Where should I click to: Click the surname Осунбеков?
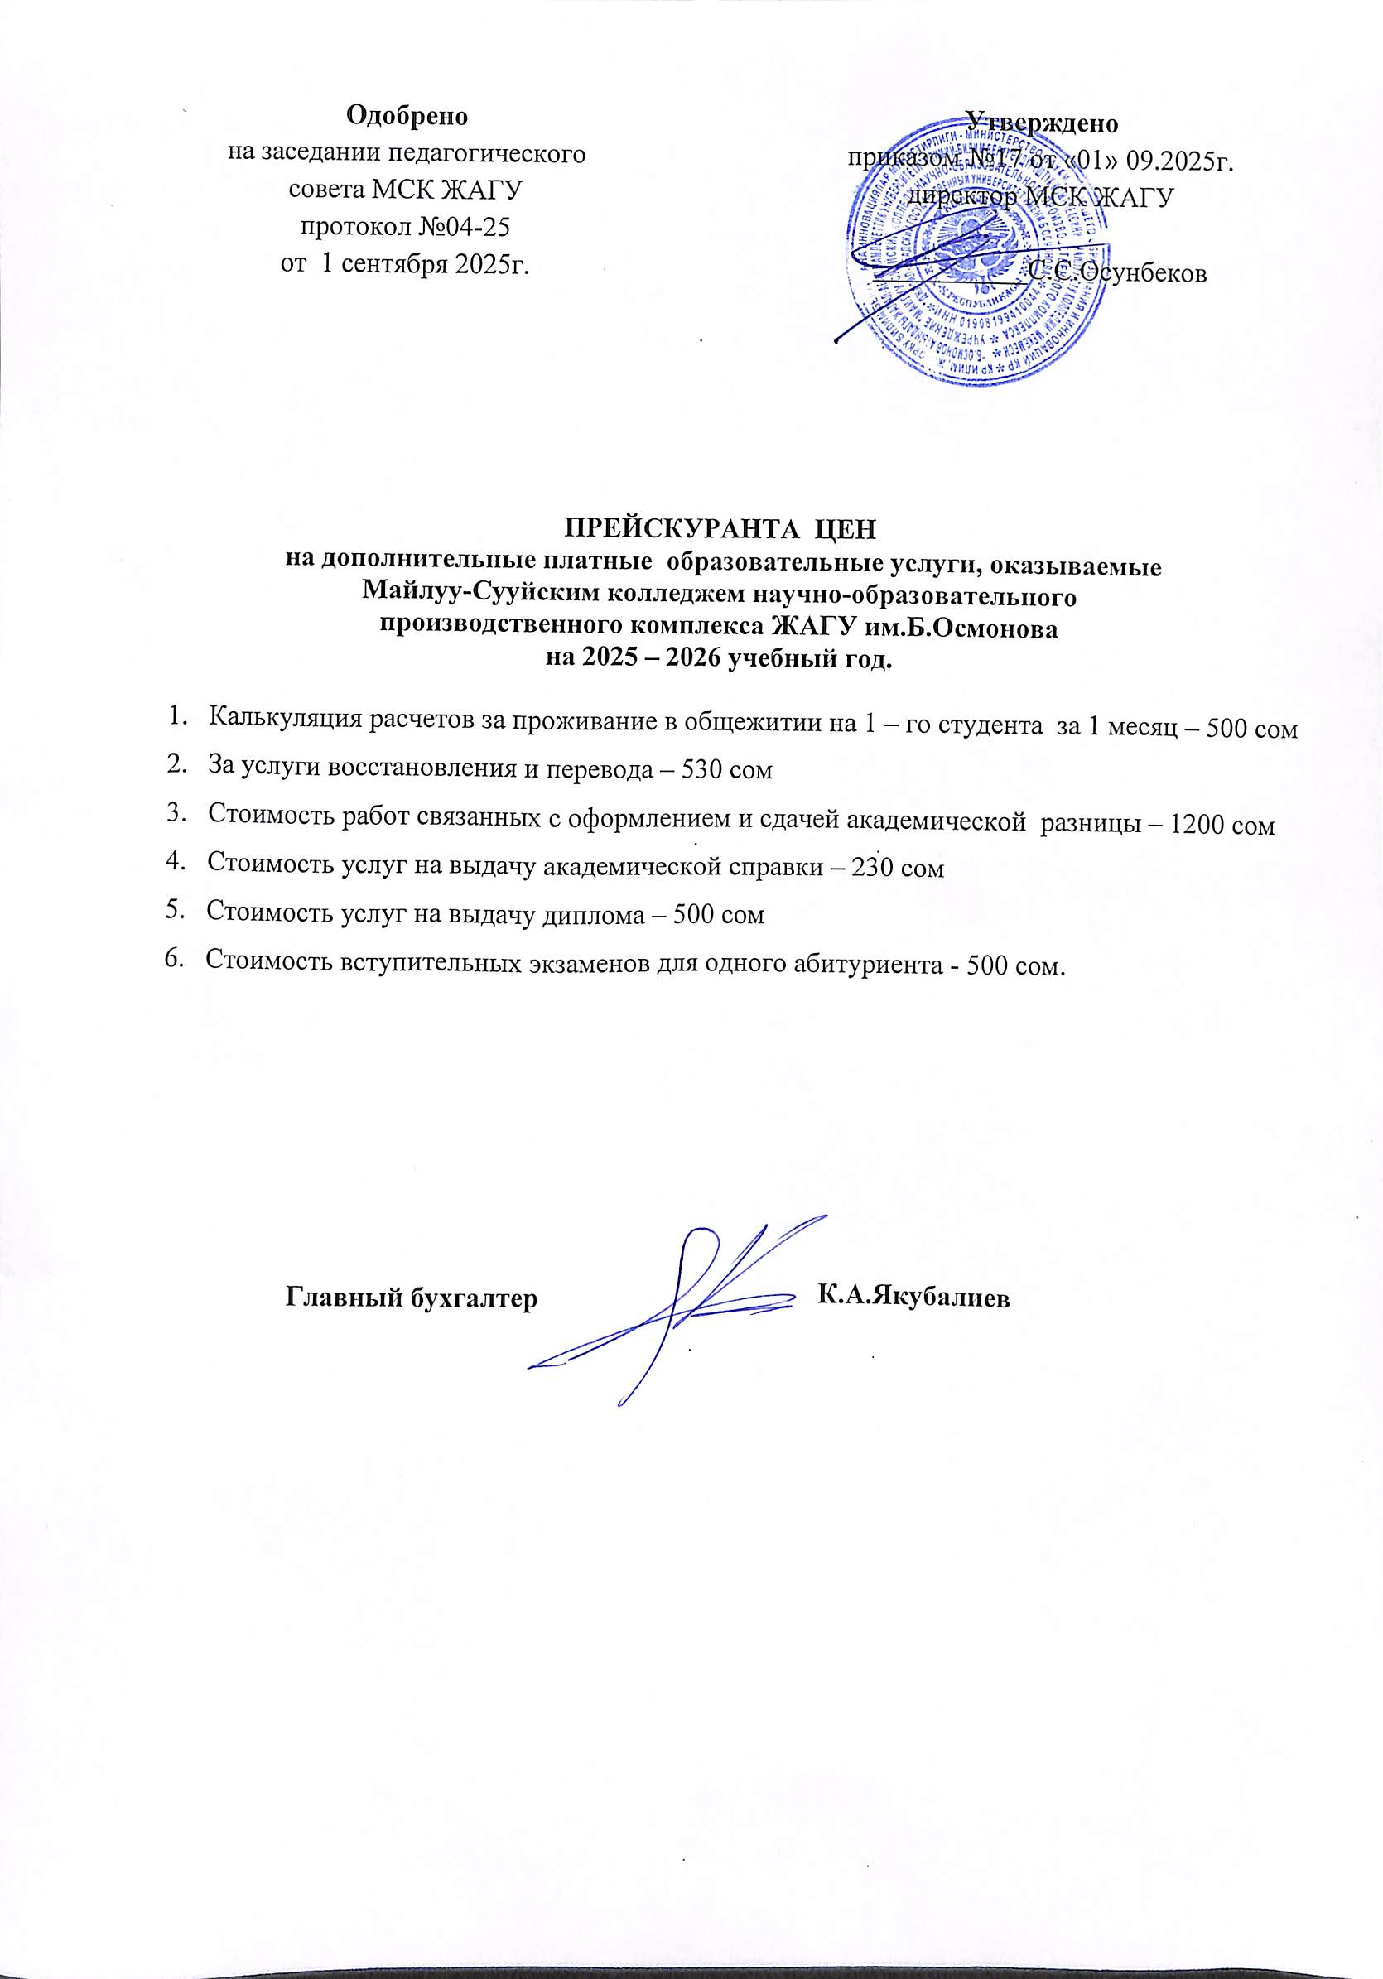coord(1118,273)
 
